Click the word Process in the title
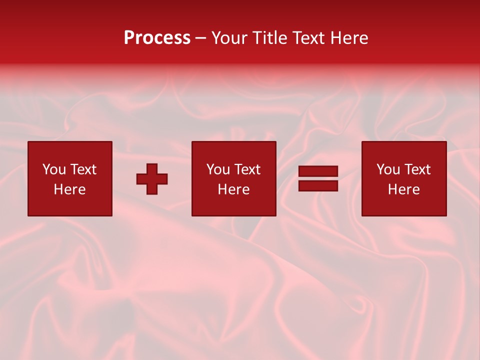click(157, 38)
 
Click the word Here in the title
click(350, 38)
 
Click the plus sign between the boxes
click(152, 179)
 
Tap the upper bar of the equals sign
click(318, 171)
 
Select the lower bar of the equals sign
click(318, 186)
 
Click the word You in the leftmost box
click(54, 169)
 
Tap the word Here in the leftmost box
click(69, 189)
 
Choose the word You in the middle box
click(218, 169)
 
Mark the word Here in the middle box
click(233, 189)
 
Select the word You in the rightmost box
click(388, 169)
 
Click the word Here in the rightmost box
click(403, 189)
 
